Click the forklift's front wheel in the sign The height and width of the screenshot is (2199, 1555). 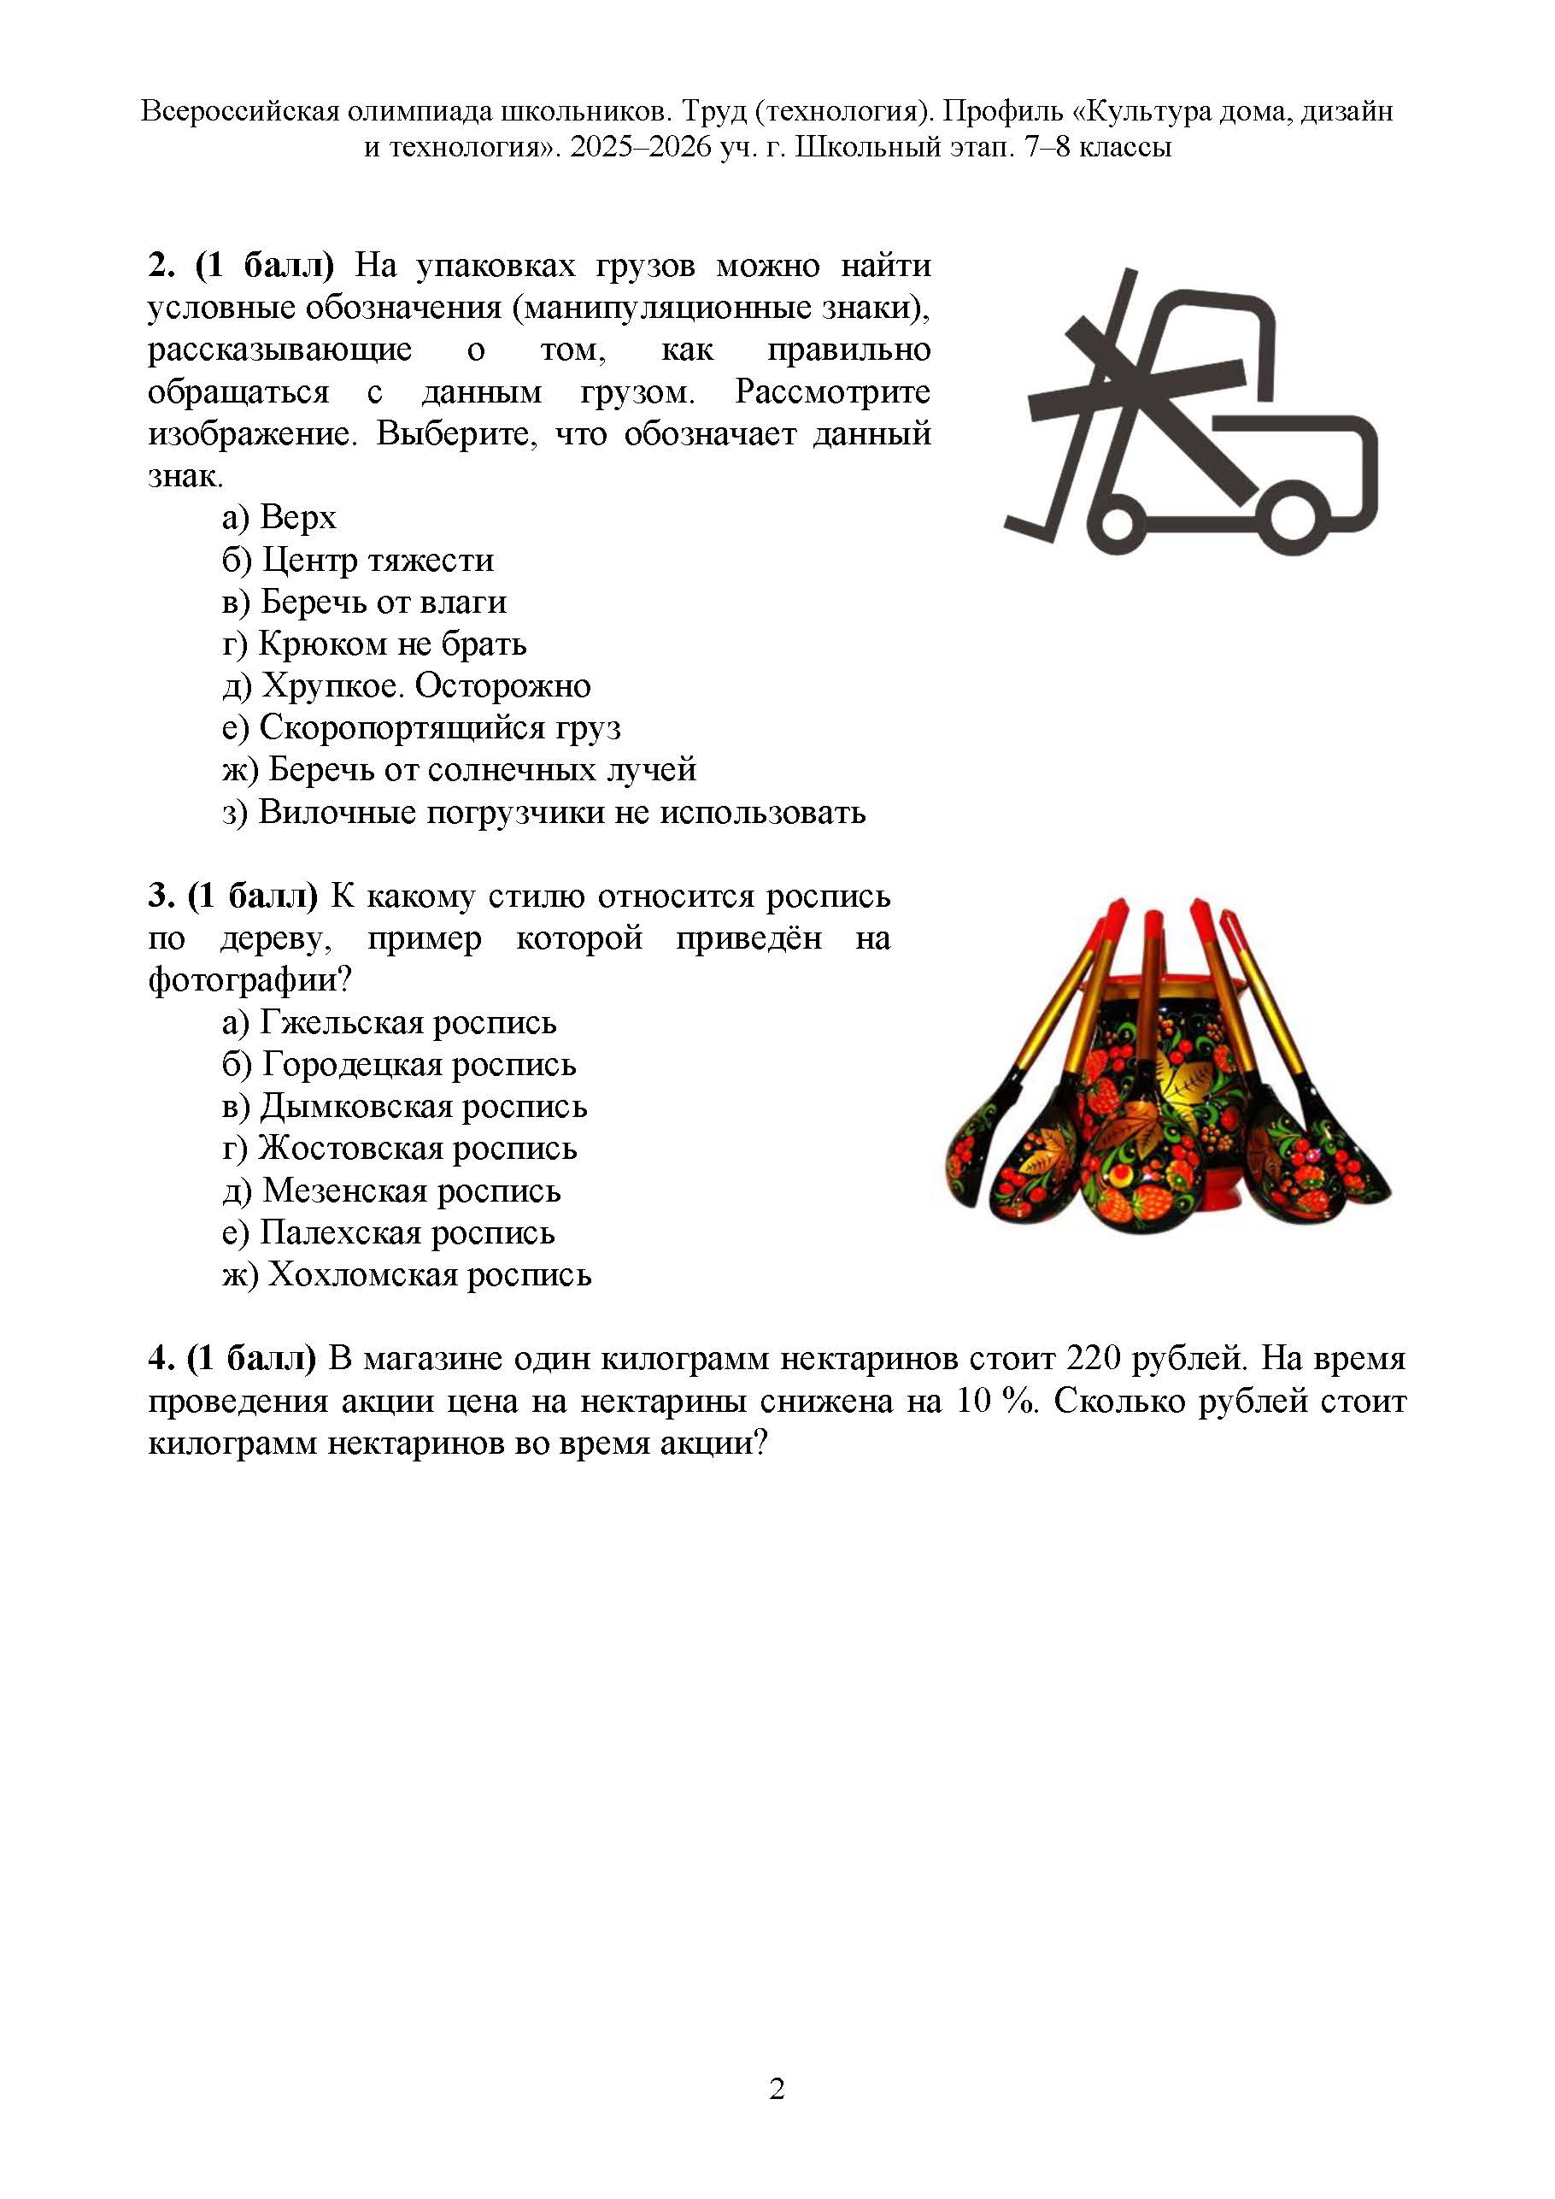(1118, 523)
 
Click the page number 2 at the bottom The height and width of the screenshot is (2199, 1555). (777, 2089)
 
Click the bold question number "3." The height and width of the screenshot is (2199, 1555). (161, 897)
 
